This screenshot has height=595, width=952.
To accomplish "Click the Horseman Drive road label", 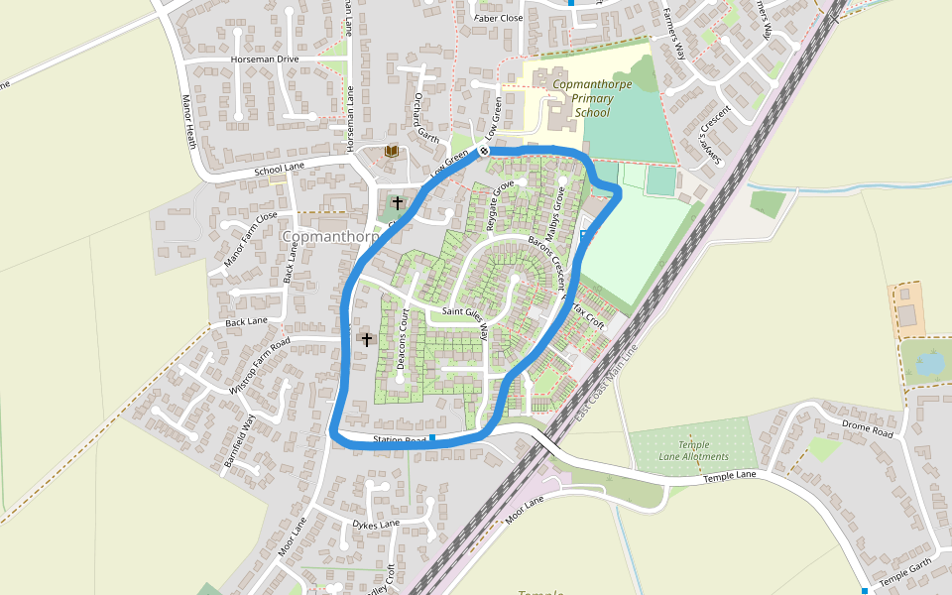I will coord(264,59).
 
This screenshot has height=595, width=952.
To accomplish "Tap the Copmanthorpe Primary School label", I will coord(592,98).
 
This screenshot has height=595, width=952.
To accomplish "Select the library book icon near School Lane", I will coord(392,151).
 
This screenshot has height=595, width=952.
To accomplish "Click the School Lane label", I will coord(279,170).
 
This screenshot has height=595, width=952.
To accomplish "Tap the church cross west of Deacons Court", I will coord(366,339).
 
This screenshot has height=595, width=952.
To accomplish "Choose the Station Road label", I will coord(400,439).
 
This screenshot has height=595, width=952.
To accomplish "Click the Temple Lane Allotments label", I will coord(693,451).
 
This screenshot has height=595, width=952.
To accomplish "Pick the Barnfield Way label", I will coord(239,441).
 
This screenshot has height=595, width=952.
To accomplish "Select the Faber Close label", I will coord(498,18).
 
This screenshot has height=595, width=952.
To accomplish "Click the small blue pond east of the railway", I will coord(930,364).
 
